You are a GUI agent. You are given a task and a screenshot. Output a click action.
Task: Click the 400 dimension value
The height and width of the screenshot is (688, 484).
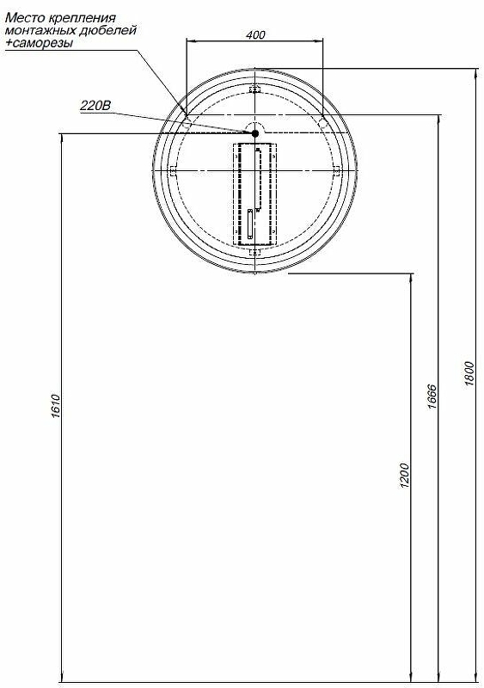[x=255, y=34]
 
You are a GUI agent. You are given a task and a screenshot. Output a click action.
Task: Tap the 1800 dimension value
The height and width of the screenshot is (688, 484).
[x=469, y=373]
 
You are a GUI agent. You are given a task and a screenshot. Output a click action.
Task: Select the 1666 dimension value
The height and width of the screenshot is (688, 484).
[x=432, y=396]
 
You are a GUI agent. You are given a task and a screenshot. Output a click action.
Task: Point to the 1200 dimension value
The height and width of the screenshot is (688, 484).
[x=404, y=476]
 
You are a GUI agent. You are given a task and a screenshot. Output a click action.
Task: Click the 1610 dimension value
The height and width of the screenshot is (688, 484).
[x=56, y=406]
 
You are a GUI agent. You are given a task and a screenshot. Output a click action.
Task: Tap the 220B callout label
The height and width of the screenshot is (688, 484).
[x=95, y=106]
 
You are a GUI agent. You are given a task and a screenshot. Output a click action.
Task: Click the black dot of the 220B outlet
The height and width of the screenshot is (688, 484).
[x=254, y=133]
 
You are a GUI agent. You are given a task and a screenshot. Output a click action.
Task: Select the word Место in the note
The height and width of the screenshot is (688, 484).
[x=21, y=18]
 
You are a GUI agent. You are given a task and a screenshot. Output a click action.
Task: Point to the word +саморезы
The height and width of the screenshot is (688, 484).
[x=39, y=43]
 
